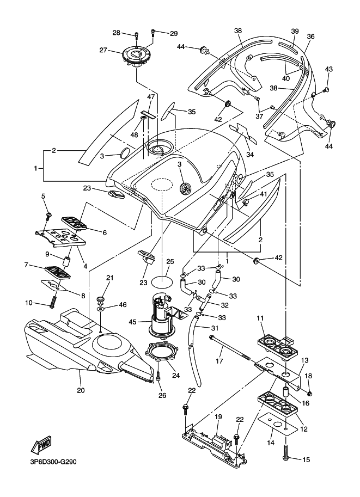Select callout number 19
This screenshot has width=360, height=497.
217,417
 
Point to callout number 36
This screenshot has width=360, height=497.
311,36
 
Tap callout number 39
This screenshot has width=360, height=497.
295,32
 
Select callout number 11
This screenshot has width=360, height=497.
260,317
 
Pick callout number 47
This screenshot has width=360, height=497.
151,97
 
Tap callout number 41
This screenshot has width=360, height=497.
263,194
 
